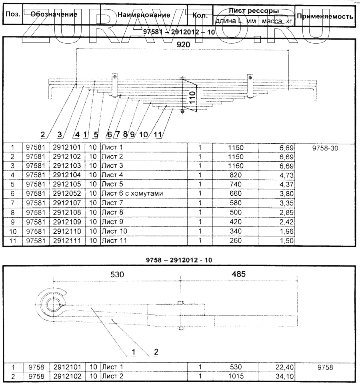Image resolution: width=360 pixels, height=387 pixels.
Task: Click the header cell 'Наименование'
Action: point(144,15)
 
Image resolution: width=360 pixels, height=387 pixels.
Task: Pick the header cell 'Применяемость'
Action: point(325,16)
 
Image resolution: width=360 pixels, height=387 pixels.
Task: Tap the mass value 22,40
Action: point(285,367)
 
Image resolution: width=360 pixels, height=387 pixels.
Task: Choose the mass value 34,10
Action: point(285,376)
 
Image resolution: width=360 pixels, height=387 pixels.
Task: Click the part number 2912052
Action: point(67,194)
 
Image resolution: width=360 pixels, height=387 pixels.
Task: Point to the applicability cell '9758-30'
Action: point(324,148)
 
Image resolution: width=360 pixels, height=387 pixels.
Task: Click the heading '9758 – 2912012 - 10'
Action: point(180,260)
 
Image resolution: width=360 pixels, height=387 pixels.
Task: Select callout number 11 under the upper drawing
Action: point(158,134)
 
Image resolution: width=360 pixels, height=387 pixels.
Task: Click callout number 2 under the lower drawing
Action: point(156,352)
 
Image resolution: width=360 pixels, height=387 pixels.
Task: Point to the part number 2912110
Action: point(67,231)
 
